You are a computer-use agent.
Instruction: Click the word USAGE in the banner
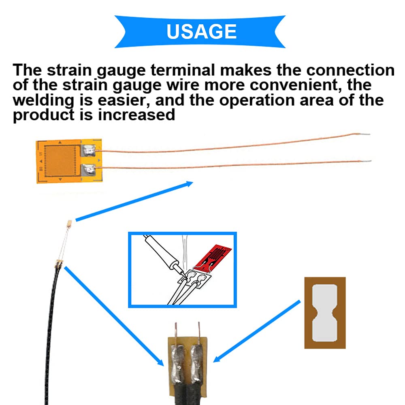201,32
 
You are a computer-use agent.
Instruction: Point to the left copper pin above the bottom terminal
176,329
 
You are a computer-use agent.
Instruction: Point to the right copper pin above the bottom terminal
199,329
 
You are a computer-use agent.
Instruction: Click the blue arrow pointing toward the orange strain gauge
134,201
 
